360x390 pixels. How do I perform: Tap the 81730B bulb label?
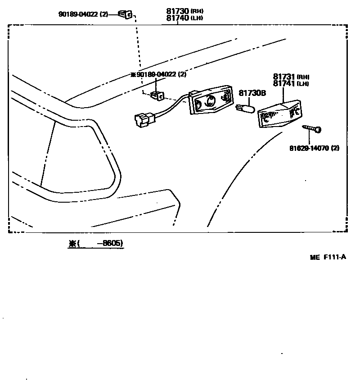pos(252,93)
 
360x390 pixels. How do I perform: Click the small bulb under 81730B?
pos(246,108)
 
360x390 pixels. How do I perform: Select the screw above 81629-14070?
pos(312,130)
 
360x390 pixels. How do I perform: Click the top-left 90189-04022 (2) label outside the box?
pos(84,14)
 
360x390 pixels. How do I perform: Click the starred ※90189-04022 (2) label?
pos(158,74)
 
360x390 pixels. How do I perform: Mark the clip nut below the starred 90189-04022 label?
pos(157,95)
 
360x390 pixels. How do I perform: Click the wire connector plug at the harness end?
pos(144,119)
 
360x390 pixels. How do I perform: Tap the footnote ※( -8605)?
pos(95,244)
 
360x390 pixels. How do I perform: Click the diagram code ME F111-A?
pos(328,257)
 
